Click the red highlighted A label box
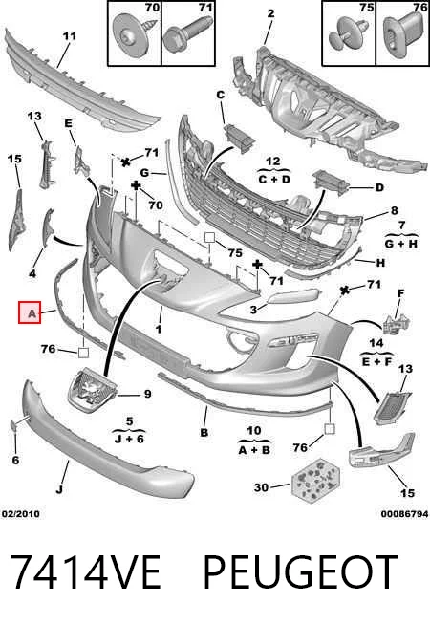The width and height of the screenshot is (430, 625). click(x=30, y=312)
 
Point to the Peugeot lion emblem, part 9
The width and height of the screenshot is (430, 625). click(x=93, y=389)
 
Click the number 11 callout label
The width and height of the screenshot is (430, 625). click(x=70, y=36)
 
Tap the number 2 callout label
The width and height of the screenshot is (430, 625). click(x=271, y=13)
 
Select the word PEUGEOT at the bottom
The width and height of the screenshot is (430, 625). click(x=301, y=571)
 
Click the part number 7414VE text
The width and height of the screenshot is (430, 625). click(x=85, y=571)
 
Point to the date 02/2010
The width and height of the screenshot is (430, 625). click(x=21, y=514)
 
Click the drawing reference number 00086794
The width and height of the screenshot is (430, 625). click(x=404, y=514)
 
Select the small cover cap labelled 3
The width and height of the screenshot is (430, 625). click(x=293, y=296)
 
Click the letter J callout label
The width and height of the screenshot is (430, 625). click(x=59, y=488)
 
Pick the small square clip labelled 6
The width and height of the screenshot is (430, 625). click(x=13, y=426)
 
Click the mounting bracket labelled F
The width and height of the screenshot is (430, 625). click(x=397, y=323)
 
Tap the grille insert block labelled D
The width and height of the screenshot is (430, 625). click(x=331, y=184)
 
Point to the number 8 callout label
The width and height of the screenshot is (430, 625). click(x=394, y=210)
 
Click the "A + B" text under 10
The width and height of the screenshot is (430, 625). click(x=254, y=450)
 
